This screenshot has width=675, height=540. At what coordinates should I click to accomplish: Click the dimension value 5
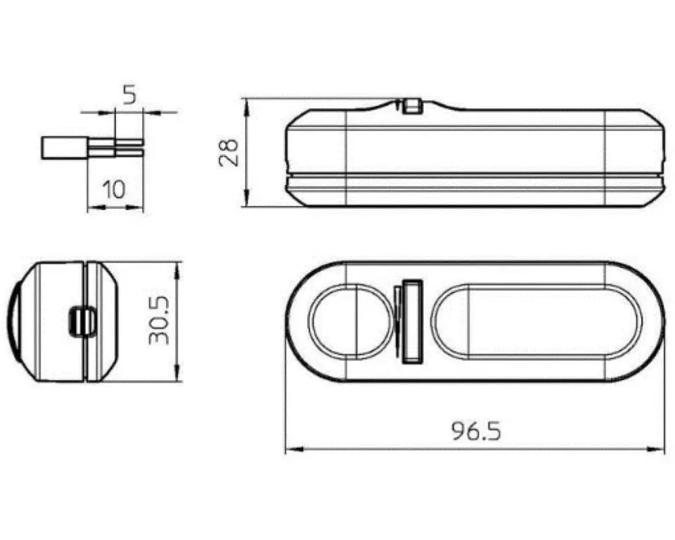tap(129, 94)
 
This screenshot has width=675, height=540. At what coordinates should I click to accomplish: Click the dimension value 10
tap(114, 189)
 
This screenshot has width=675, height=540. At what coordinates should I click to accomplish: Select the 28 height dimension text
tap(228, 153)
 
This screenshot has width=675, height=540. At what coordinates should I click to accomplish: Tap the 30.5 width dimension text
tap(159, 321)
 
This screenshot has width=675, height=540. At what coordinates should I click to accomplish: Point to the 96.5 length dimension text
tap(477, 431)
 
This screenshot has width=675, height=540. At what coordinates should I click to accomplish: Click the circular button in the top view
tap(350, 321)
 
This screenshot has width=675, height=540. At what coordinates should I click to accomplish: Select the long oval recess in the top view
tap(537, 321)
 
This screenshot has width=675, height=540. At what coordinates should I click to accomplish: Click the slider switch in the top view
tap(412, 321)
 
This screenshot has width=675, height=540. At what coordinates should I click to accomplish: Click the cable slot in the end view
tap(82, 321)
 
